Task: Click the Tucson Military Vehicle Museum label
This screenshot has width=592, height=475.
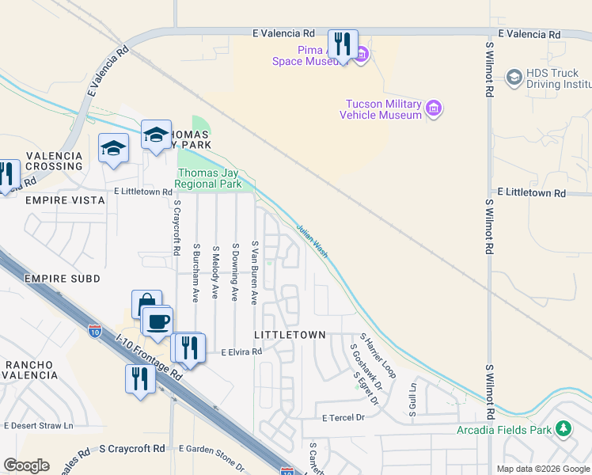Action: click(x=381, y=110)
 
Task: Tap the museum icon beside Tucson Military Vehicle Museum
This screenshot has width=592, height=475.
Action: click(x=433, y=108)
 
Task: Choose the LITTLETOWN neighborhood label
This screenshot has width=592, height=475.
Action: click(x=290, y=335)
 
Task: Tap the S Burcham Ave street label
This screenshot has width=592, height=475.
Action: click(x=195, y=272)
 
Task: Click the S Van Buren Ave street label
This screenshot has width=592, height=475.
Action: click(x=254, y=272)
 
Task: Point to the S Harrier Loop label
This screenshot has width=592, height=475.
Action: click(x=378, y=355)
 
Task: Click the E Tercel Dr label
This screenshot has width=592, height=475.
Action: click(x=342, y=417)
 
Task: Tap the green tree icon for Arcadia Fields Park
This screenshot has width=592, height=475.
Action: click(x=563, y=429)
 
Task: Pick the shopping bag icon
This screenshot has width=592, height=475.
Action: click(x=146, y=302)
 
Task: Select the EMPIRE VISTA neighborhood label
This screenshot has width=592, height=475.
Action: click(x=65, y=201)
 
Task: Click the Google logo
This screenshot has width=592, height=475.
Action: click(x=26, y=465)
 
